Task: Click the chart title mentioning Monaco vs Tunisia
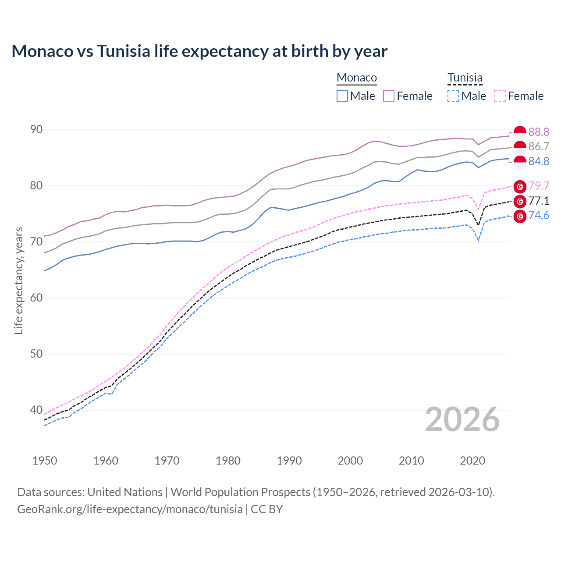(x=199, y=51)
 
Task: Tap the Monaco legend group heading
(x=357, y=78)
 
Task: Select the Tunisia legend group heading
(x=465, y=78)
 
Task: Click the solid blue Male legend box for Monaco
(x=342, y=96)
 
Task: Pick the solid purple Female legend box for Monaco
(x=389, y=96)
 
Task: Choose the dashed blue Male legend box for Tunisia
(x=453, y=96)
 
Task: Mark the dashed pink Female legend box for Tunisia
(x=500, y=96)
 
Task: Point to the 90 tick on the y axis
(x=36, y=130)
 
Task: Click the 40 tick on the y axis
(x=36, y=410)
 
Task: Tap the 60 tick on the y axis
(x=36, y=298)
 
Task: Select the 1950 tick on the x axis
(x=45, y=461)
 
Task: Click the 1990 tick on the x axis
(x=289, y=461)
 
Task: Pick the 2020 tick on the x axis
(x=472, y=461)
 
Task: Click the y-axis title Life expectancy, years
(x=19, y=280)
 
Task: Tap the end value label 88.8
(x=539, y=132)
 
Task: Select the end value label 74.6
(x=539, y=215)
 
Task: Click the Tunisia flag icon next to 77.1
(x=520, y=202)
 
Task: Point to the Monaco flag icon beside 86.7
(x=520, y=147)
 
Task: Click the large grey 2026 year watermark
(x=462, y=420)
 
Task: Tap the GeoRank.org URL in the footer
(x=130, y=509)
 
